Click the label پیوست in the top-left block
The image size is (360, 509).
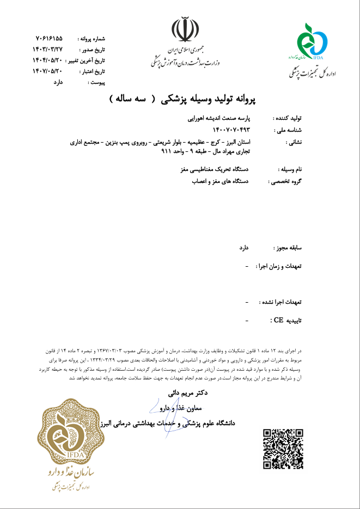[x=96, y=82]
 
